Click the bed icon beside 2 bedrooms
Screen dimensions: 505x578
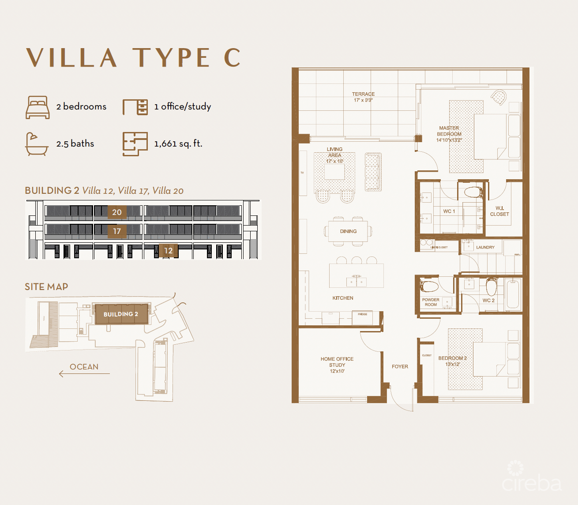38,107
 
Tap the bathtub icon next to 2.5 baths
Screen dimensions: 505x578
37,144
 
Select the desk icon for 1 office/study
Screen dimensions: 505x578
135,107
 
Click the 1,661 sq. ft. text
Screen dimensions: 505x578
178,143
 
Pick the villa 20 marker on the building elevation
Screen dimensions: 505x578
117,212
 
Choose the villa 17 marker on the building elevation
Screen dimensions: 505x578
117,231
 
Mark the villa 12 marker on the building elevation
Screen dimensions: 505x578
168,250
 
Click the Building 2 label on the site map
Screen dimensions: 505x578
121,314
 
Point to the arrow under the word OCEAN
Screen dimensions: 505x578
84,374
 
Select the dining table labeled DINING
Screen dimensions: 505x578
348,231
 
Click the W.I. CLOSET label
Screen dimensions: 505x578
499,211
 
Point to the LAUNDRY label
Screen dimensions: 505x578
485,247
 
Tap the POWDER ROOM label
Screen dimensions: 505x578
431,302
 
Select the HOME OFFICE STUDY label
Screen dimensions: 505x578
337,365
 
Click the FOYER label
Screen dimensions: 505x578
400,366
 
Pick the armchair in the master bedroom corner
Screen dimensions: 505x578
499,98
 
